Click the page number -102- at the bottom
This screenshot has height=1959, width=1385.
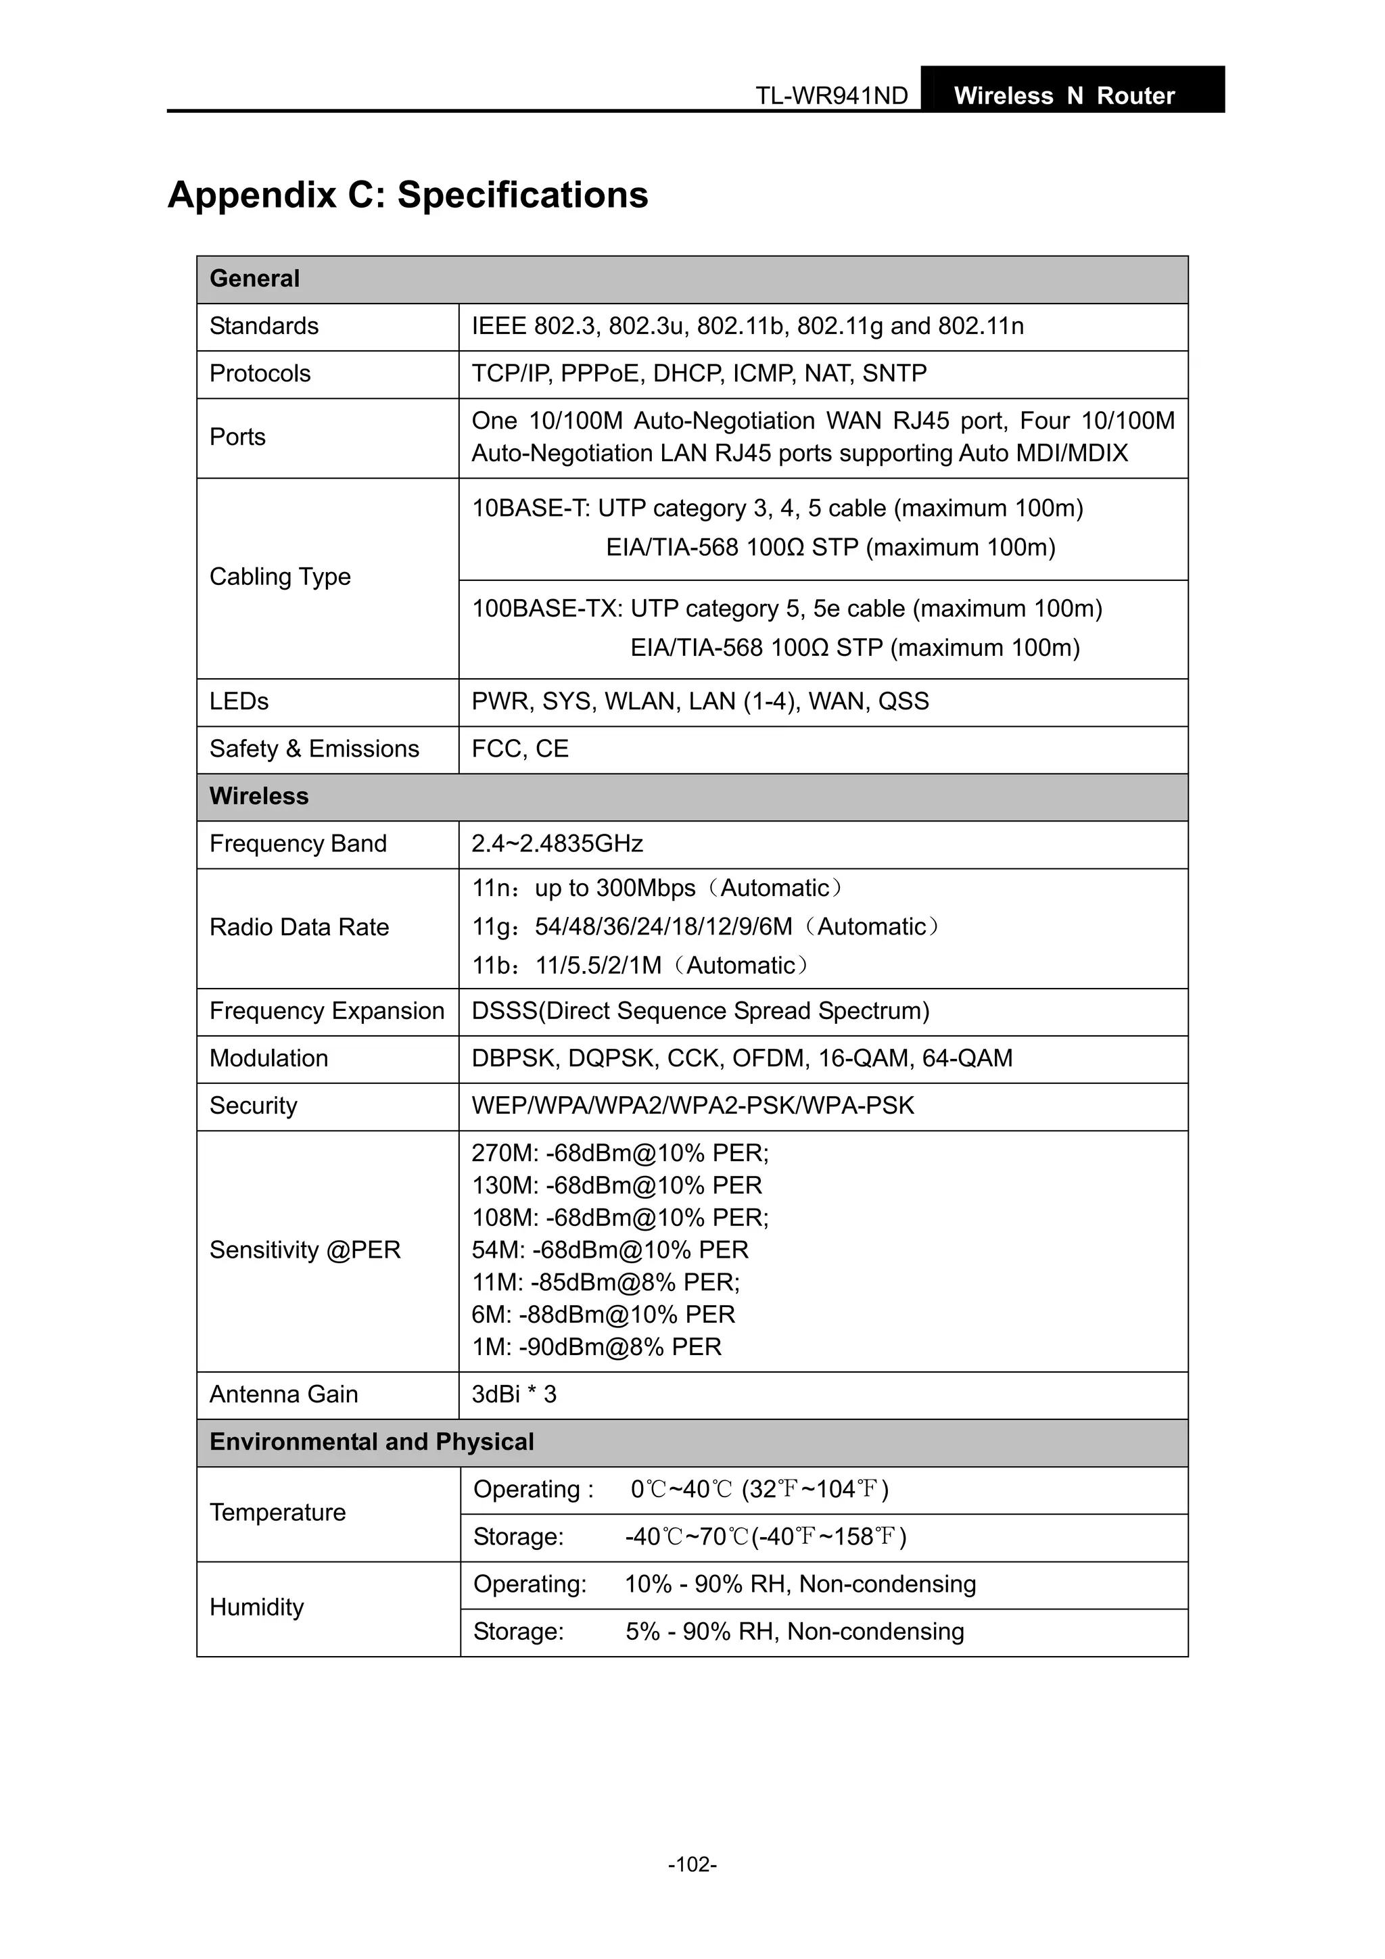(692, 1864)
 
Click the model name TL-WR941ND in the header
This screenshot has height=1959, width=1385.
(831, 95)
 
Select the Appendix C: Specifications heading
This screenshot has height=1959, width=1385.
(408, 195)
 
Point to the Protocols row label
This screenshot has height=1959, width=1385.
(260, 374)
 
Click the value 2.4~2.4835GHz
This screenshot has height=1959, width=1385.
(557, 844)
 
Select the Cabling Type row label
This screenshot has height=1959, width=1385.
(280, 577)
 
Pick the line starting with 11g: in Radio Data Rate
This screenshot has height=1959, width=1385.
(705, 926)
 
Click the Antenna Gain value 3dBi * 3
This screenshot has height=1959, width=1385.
(514, 1394)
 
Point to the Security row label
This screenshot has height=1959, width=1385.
(254, 1106)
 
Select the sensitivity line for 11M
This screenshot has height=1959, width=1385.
(606, 1282)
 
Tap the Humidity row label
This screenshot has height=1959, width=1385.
(257, 1607)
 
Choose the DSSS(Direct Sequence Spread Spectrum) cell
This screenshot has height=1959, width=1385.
(700, 1011)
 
